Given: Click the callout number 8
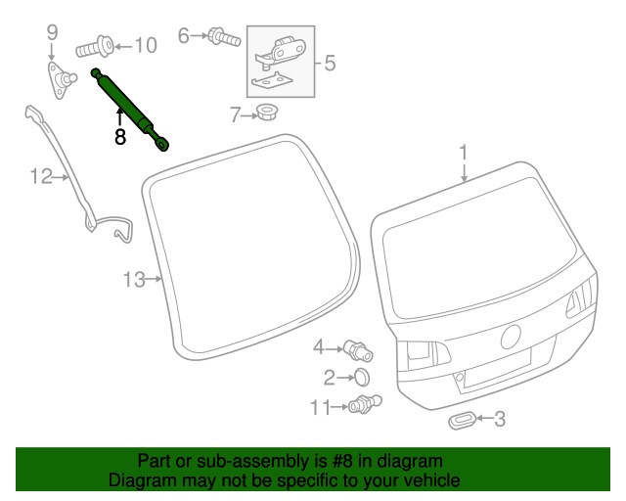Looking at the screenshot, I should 120,138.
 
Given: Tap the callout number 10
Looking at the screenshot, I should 144,45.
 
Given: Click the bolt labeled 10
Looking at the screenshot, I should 95,45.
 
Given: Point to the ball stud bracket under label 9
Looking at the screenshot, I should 64,78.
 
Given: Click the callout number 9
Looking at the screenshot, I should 53,36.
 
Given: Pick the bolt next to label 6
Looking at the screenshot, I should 224,37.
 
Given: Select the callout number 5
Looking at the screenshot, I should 330,65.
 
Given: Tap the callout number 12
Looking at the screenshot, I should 39,177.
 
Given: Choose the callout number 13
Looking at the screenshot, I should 134,281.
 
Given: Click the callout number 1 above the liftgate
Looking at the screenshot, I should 465,153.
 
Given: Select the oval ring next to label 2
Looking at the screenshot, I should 360,377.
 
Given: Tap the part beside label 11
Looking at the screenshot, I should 363,404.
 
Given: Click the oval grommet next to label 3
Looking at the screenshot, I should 460,421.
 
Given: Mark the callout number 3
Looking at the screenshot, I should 499,421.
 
